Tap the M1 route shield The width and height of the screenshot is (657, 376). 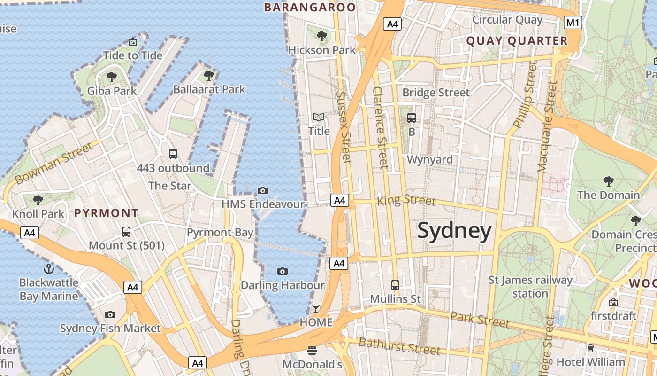click(573, 22)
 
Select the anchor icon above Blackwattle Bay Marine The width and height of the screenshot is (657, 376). click(48, 269)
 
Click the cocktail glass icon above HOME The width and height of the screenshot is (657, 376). click(316, 309)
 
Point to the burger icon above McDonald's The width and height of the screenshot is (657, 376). click(312, 350)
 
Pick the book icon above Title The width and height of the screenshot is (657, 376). click(319, 117)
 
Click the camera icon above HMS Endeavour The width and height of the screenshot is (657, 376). click(263, 190)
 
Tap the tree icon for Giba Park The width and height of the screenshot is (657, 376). click(111, 77)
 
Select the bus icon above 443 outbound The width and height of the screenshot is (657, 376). click(173, 154)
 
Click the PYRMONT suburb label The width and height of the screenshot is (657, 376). click(107, 213)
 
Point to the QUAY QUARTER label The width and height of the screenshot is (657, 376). click(517, 41)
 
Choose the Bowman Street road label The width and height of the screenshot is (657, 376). click(54, 164)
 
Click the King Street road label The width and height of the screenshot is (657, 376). click(406, 200)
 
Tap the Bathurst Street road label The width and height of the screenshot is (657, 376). click(399, 346)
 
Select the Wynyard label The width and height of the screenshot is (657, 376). click(430, 159)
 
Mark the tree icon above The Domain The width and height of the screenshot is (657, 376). click(608, 181)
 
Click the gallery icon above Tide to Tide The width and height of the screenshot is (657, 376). click(133, 42)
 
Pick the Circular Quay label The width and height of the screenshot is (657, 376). click(507, 20)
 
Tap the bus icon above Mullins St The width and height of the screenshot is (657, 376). click(395, 285)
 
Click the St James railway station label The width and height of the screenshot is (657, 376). click(530, 287)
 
